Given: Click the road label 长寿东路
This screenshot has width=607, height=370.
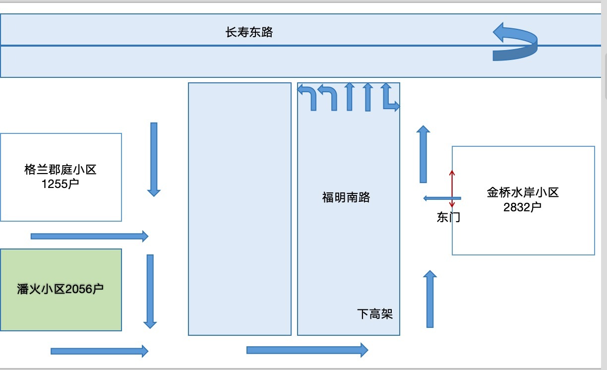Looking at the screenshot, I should click(249, 33).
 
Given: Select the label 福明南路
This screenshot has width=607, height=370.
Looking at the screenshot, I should click(346, 197).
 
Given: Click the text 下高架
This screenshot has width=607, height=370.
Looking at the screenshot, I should click(375, 314).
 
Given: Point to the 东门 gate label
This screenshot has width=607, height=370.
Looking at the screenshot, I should click(448, 217).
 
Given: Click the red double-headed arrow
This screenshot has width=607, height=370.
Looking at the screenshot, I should click(452, 188).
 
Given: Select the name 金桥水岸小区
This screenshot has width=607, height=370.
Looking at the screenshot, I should click(523, 192).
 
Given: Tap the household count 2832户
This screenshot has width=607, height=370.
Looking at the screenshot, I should click(522, 207).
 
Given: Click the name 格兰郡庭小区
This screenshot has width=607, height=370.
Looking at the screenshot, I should click(61, 170).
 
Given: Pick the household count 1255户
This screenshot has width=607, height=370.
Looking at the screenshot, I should click(61, 184).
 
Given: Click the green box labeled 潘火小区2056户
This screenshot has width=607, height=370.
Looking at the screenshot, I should click(61, 290).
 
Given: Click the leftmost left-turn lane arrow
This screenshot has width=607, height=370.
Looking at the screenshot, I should click(307, 96).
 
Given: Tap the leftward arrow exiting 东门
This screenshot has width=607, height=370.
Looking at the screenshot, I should click(441, 198).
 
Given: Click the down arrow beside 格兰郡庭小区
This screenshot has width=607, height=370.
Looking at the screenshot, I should click(154, 159).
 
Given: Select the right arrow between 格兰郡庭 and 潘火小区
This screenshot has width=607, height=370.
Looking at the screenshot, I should click(90, 236).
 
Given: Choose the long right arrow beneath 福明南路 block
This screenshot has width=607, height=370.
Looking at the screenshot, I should click(307, 350).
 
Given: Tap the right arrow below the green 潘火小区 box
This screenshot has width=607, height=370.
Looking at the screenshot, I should click(100, 351).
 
